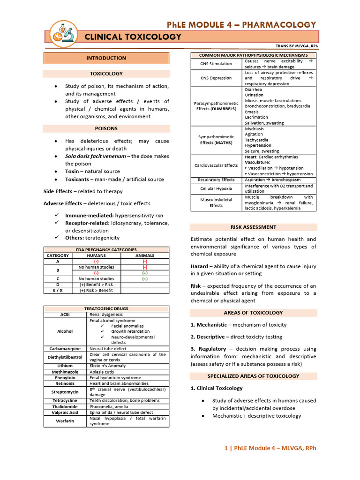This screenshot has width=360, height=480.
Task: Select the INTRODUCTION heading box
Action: pos(106,58)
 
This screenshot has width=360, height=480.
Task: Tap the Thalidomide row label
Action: pos(65,407)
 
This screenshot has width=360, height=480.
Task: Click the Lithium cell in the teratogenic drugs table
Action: pos(65,366)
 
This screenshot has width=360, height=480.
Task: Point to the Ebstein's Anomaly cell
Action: pos(108,366)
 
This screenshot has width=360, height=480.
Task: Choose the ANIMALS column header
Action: pos(145,255)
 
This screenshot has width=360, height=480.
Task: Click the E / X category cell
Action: pos(58,290)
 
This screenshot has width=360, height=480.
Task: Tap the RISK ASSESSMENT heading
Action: pos(253,227)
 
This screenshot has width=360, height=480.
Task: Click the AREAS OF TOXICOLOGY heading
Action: pos(253,313)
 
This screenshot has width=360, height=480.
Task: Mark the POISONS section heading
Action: pos(106,128)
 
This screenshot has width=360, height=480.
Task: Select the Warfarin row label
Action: pos(65,421)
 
